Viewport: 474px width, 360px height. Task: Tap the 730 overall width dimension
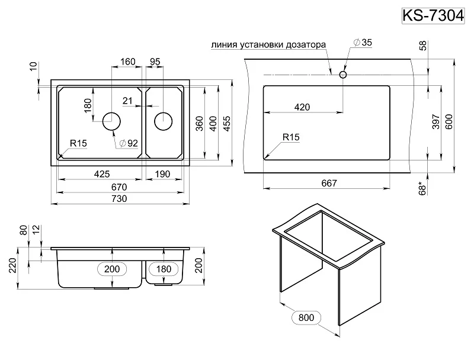point(120,198)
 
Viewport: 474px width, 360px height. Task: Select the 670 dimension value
point(120,187)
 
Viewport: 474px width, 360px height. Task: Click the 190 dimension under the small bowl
point(164,174)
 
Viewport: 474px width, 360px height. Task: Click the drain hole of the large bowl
point(112,121)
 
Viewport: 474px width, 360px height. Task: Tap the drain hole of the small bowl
point(164,121)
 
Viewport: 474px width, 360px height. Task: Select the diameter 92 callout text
point(129,143)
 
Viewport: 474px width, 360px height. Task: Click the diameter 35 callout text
point(362,43)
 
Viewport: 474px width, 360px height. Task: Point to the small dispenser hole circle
point(343,75)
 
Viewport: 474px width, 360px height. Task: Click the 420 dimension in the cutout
point(302,107)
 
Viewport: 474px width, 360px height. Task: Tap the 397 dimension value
point(435,121)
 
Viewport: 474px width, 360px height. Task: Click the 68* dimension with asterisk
point(422,187)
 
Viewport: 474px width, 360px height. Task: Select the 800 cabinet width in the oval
point(306,318)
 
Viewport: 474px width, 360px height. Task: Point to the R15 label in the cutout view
point(292,137)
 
